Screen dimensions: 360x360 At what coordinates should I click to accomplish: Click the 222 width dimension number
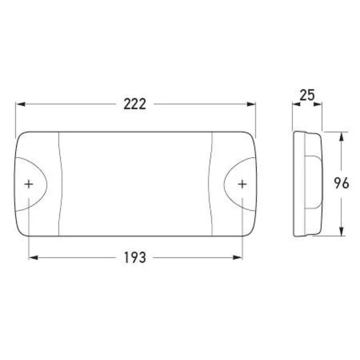(135, 104)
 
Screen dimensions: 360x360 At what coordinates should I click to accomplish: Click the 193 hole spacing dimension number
(135, 257)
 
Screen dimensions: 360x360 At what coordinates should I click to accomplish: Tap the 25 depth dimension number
(307, 95)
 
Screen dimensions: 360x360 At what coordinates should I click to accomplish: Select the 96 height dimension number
(342, 183)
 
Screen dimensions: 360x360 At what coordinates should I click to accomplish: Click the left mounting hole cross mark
(29, 184)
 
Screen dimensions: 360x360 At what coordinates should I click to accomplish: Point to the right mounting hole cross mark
(242, 184)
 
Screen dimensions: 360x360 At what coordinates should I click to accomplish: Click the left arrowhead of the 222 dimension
(20, 104)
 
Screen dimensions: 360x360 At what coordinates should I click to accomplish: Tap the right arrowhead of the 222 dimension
(251, 104)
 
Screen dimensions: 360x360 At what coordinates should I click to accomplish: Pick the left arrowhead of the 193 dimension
(33, 257)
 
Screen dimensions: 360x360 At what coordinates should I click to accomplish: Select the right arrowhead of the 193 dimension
(238, 257)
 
